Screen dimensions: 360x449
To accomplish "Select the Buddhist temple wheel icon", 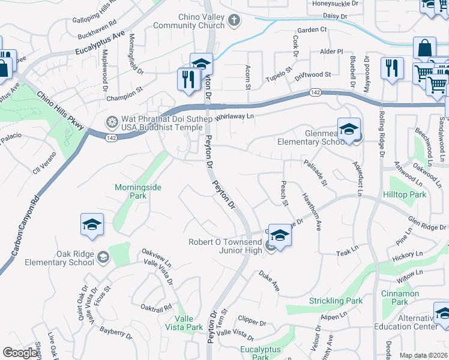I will point(112,122).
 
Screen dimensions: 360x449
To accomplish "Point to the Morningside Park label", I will point(138,191).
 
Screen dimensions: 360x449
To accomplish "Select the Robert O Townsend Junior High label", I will point(225,245).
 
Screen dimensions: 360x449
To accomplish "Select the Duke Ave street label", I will point(270,281).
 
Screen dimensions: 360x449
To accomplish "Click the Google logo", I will point(20,353).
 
